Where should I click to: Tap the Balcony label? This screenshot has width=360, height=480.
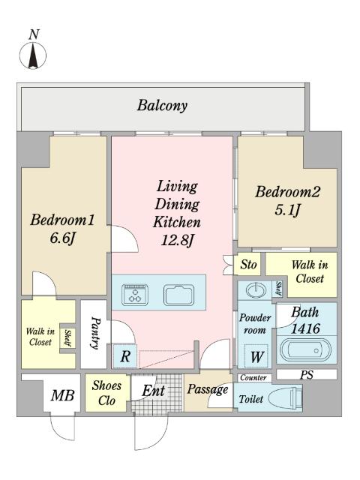coord(162,106)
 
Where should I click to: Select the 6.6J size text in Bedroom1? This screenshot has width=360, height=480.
coord(62,238)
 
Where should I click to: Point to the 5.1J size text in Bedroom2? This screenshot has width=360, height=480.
coord(287,210)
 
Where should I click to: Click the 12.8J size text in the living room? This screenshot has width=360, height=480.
coord(177,240)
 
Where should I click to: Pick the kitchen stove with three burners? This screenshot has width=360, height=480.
coord(135,295)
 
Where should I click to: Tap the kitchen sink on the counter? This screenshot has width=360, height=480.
coord(178,295)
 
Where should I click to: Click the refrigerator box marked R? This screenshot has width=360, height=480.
coord(125,356)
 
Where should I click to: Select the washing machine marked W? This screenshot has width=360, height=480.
coord(256,356)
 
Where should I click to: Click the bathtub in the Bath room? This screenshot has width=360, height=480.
coord(305,350)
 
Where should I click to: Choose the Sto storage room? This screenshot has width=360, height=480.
coord(247,264)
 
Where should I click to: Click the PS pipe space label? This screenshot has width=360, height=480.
coord(307,375)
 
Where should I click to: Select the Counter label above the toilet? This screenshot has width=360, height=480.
coord(253,378)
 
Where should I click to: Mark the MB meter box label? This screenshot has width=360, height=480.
coord(62,395)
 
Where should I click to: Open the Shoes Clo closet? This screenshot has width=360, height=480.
coord(106,393)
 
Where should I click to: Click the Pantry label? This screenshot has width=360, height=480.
coord(95,333)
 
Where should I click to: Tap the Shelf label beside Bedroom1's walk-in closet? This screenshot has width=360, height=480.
coord(67,338)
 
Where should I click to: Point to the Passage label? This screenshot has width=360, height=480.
coord(208,389)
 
